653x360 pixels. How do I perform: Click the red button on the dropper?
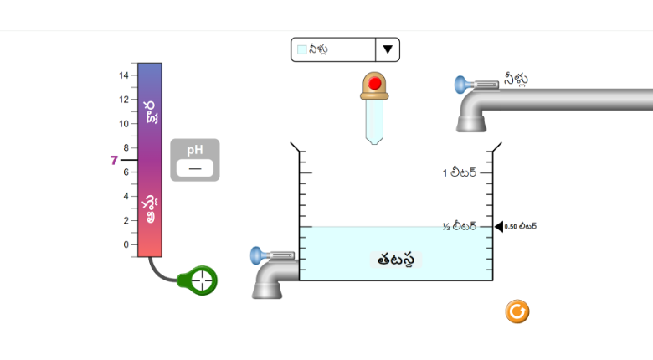pyautogui.click(x=374, y=83)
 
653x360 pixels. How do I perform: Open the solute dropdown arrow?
pyautogui.click(x=388, y=49)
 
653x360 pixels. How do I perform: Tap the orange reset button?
pyautogui.click(x=517, y=311)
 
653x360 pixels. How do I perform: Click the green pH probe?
pyautogui.click(x=198, y=280)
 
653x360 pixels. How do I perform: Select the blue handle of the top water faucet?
pyautogui.click(x=460, y=85)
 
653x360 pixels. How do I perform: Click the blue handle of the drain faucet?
pyautogui.click(x=256, y=255)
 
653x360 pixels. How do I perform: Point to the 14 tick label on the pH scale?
pyautogui.click(x=124, y=75)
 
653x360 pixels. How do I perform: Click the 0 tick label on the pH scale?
pyautogui.click(x=126, y=244)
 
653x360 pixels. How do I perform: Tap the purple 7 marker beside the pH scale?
pyautogui.click(x=114, y=161)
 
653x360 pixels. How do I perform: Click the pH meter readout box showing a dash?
pyautogui.click(x=195, y=168)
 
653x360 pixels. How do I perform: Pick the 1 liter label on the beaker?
pyautogui.click(x=460, y=172)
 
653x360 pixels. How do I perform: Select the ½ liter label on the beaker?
pyautogui.click(x=459, y=226)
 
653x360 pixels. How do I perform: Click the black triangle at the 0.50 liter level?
pyautogui.click(x=499, y=226)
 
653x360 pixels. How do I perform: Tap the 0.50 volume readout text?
pyautogui.click(x=520, y=226)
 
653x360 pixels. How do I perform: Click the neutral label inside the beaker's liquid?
pyautogui.click(x=396, y=260)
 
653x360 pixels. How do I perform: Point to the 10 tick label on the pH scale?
pyautogui.click(x=124, y=124)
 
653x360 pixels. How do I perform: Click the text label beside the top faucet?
pyautogui.click(x=516, y=79)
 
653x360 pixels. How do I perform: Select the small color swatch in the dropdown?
pyautogui.click(x=302, y=49)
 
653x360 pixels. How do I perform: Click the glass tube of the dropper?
pyautogui.click(x=374, y=121)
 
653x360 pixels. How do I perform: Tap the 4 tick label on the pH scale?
pyautogui.click(x=126, y=196)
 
